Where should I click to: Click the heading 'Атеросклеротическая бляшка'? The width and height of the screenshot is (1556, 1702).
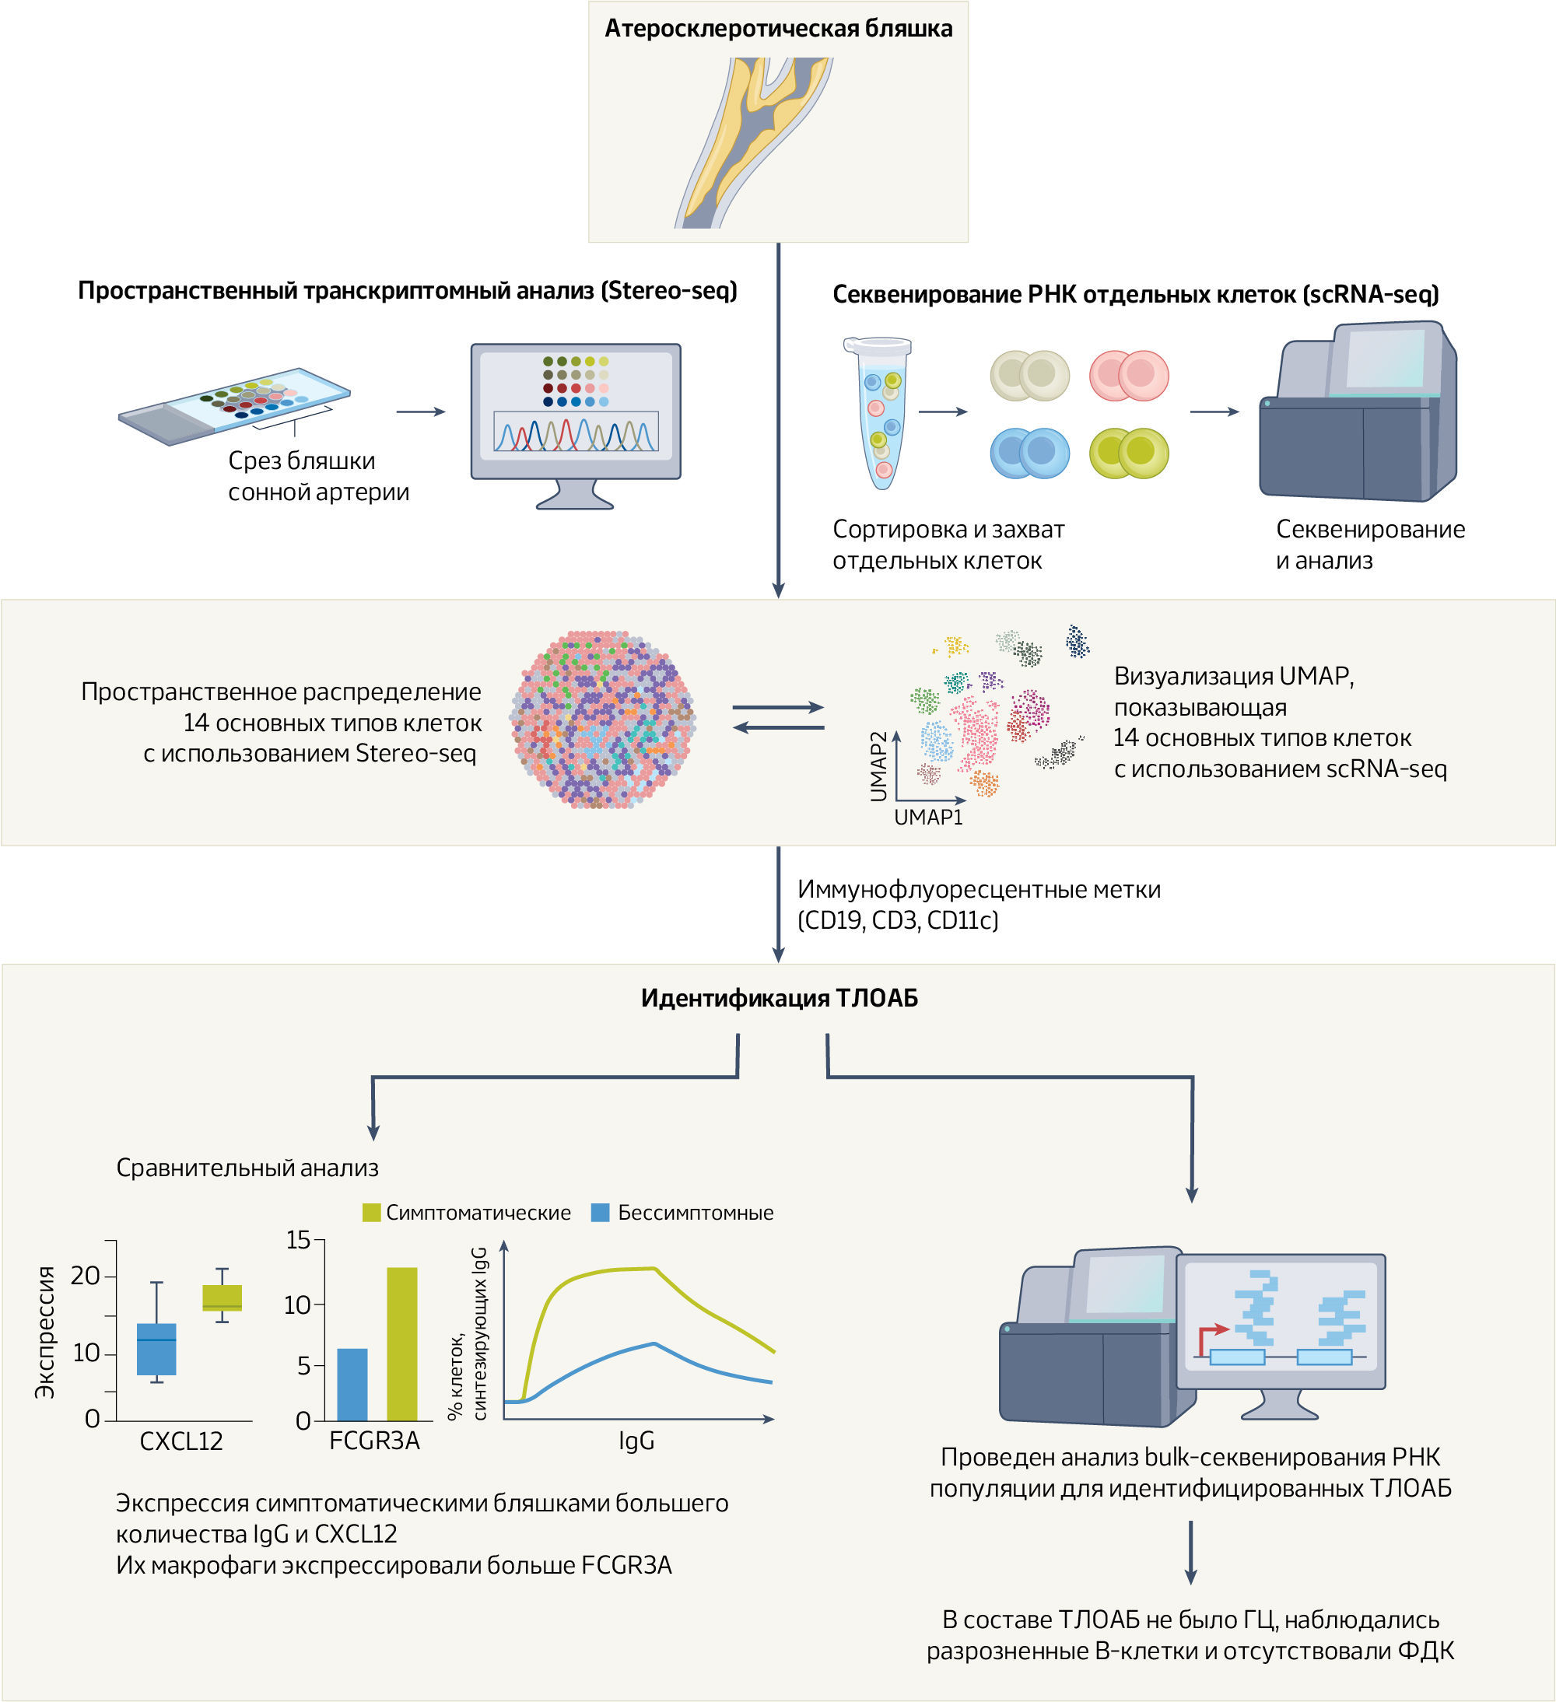click(777, 29)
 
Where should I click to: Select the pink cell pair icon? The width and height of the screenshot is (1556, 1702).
click(1129, 376)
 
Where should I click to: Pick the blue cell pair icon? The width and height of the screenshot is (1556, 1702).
click(1029, 454)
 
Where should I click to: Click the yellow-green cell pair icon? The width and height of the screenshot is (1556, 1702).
click(1129, 454)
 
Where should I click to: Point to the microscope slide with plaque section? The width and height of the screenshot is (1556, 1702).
click(234, 406)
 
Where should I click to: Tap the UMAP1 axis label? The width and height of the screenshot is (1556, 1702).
click(928, 818)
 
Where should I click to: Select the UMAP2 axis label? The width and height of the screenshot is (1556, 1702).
click(879, 765)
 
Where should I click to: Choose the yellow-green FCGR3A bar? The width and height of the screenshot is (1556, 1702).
click(402, 1343)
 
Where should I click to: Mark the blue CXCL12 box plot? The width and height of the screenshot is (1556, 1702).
click(156, 1348)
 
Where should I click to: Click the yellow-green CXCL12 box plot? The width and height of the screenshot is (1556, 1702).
click(222, 1298)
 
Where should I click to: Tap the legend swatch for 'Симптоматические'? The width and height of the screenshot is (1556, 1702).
click(371, 1213)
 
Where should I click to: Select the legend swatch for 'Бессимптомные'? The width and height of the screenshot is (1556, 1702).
click(601, 1213)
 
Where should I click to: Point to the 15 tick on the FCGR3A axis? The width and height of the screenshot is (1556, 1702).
click(298, 1240)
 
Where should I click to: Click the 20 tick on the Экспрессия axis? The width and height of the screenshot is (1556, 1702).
click(86, 1276)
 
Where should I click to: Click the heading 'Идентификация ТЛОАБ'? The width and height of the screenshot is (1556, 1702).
click(779, 998)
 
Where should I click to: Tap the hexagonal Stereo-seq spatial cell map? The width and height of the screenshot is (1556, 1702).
click(602, 720)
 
